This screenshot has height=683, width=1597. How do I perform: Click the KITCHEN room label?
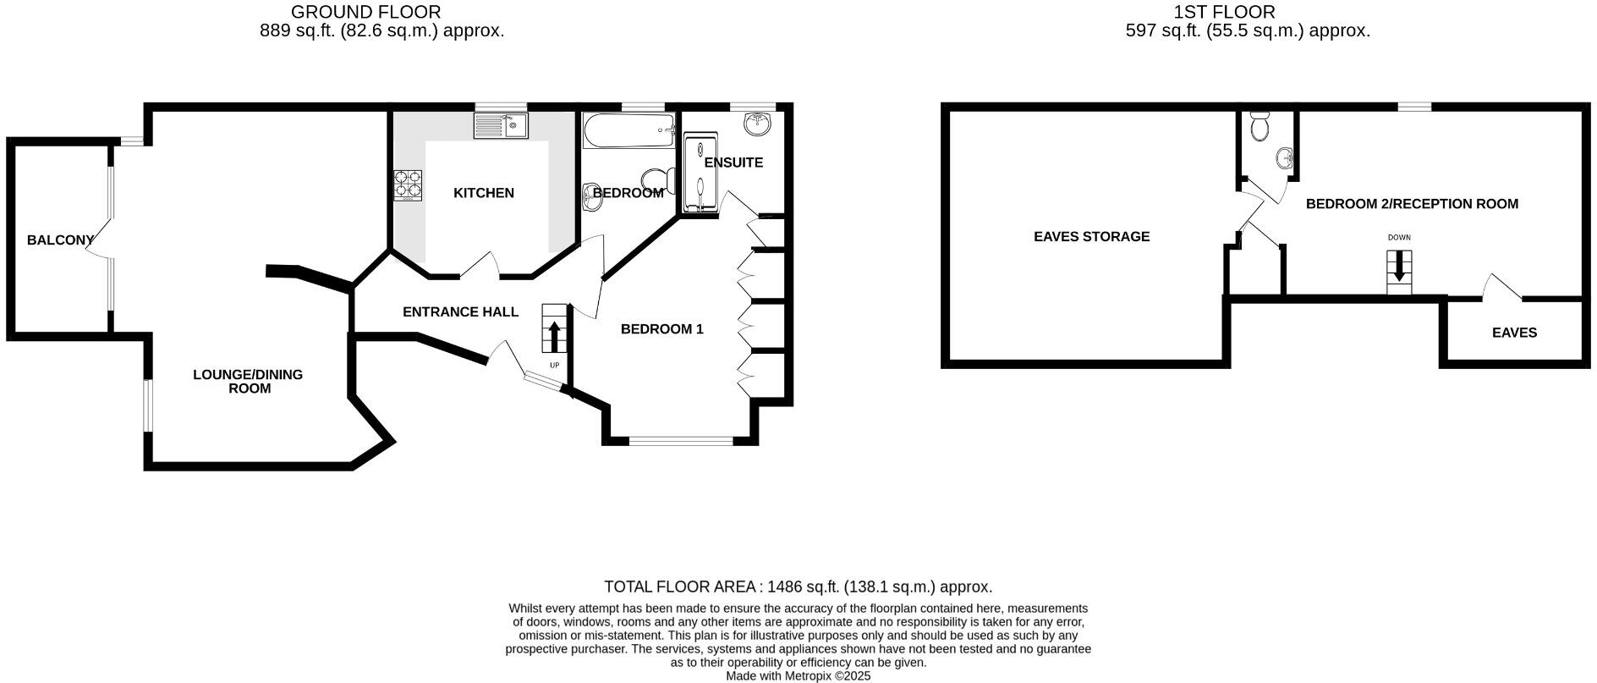(x=483, y=193)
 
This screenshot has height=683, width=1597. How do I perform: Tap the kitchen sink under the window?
(x=501, y=126)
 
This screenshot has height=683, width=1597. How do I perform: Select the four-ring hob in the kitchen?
(x=408, y=185)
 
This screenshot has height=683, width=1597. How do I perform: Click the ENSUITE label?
(x=733, y=162)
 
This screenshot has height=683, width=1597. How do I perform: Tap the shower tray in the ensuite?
(x=700, y=174)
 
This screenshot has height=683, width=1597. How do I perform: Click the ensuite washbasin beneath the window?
(x=759, y=124)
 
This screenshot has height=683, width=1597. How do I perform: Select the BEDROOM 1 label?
(x=661, y=329)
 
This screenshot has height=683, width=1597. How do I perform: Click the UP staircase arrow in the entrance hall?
(x=554, y=334)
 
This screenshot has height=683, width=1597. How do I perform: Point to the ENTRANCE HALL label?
(x=460, y=312)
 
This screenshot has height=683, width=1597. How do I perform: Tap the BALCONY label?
(x=60, y=240)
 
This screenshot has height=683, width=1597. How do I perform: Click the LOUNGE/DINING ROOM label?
(x=248, y=382)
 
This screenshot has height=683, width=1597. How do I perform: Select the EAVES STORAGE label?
(x=1091, y=237)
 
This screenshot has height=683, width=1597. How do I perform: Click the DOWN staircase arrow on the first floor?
(x=1398, y=267)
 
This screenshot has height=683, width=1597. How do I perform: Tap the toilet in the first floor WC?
(x=1259, y=127)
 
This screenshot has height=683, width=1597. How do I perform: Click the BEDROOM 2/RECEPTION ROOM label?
(x=1412, y=204)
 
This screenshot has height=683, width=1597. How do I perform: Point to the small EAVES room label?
(x=1514, y=333)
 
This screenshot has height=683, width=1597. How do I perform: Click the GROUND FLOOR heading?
(x=365, y=12)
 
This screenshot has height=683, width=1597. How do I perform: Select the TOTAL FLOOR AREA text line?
(x=798, y=587)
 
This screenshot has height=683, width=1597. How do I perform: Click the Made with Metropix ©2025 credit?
(x=798, y=676)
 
